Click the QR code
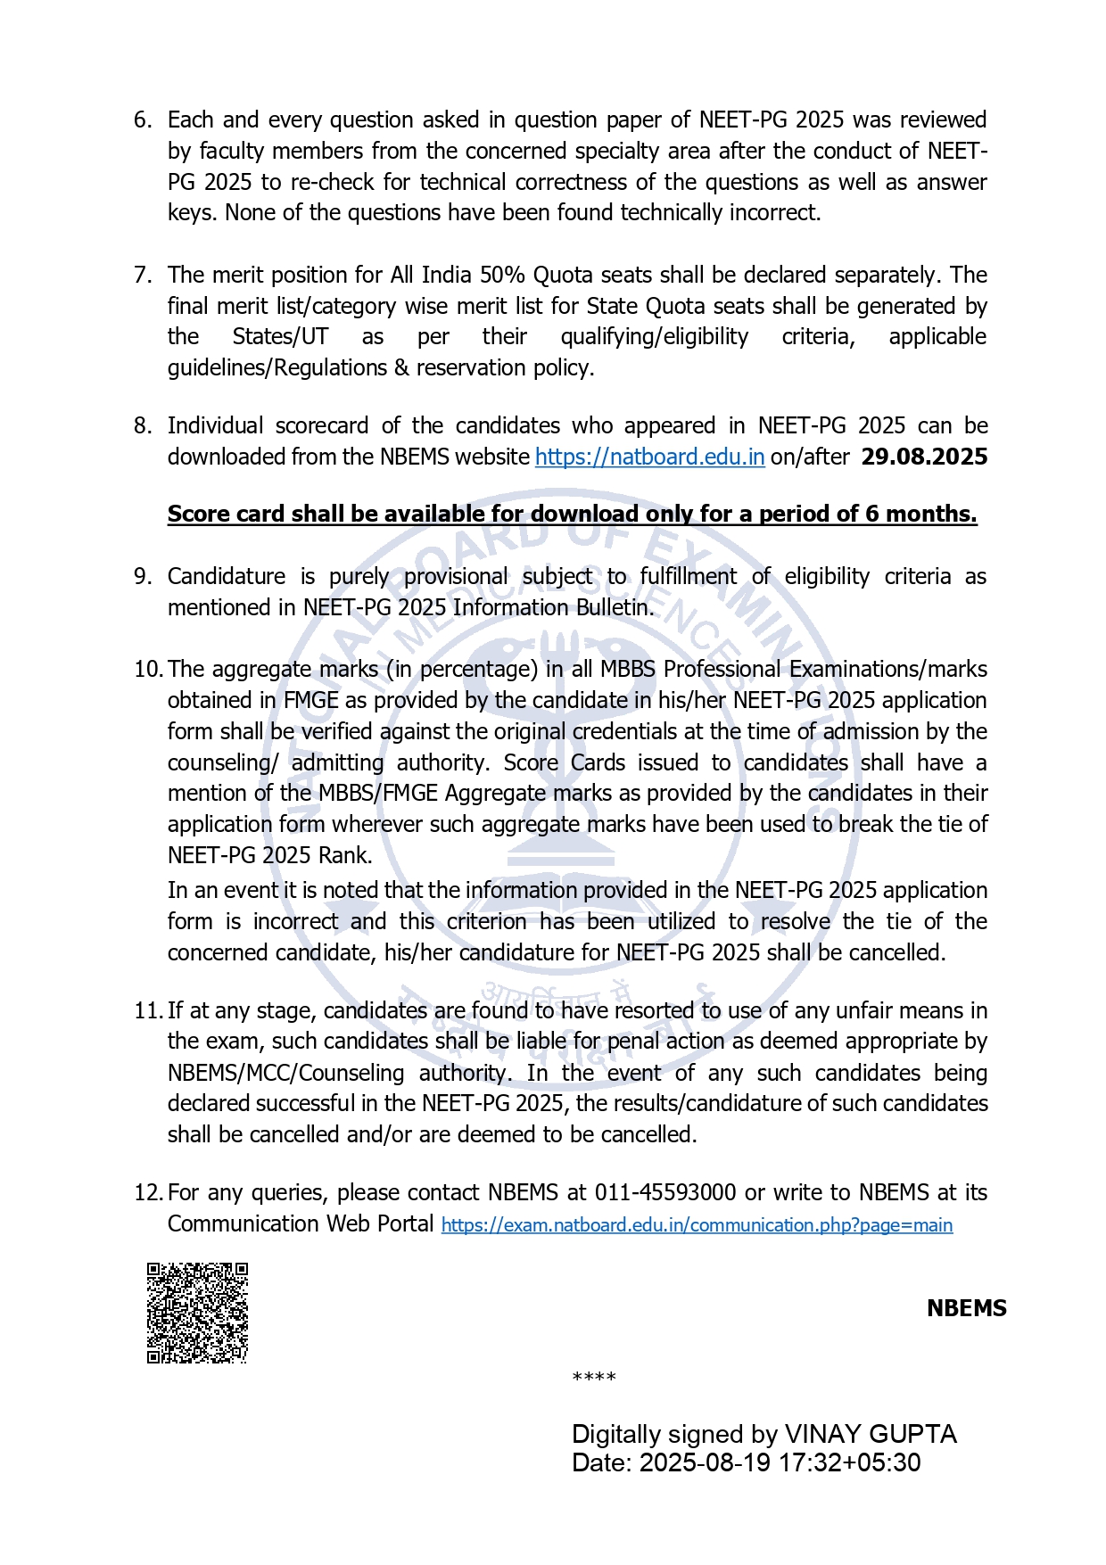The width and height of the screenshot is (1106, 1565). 197,1313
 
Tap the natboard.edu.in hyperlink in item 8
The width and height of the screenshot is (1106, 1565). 649,457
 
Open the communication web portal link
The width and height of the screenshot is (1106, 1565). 697,1225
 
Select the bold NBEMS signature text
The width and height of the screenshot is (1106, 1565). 966,1308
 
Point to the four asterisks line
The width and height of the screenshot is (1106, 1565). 594,1378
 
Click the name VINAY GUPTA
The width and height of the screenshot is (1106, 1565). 870,1434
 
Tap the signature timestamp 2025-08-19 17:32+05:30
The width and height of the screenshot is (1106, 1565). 780,1463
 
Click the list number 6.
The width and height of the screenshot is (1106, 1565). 143,119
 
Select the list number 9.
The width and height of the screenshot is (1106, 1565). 143,576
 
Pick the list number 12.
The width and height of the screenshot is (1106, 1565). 147,1192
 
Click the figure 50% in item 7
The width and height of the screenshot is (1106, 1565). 502,275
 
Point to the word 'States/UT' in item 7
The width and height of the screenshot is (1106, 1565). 280,336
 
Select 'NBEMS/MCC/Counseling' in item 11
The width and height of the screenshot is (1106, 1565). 285,1073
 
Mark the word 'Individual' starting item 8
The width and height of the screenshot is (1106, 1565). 215,425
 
